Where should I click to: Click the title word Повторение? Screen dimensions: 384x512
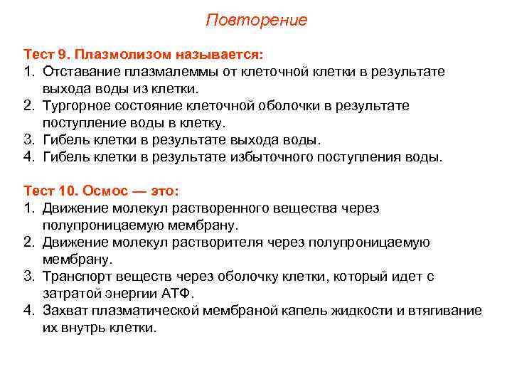click(256, 20)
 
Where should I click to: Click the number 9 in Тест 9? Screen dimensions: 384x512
click(63, 55)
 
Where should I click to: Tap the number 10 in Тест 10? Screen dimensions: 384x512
click(66, 191)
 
